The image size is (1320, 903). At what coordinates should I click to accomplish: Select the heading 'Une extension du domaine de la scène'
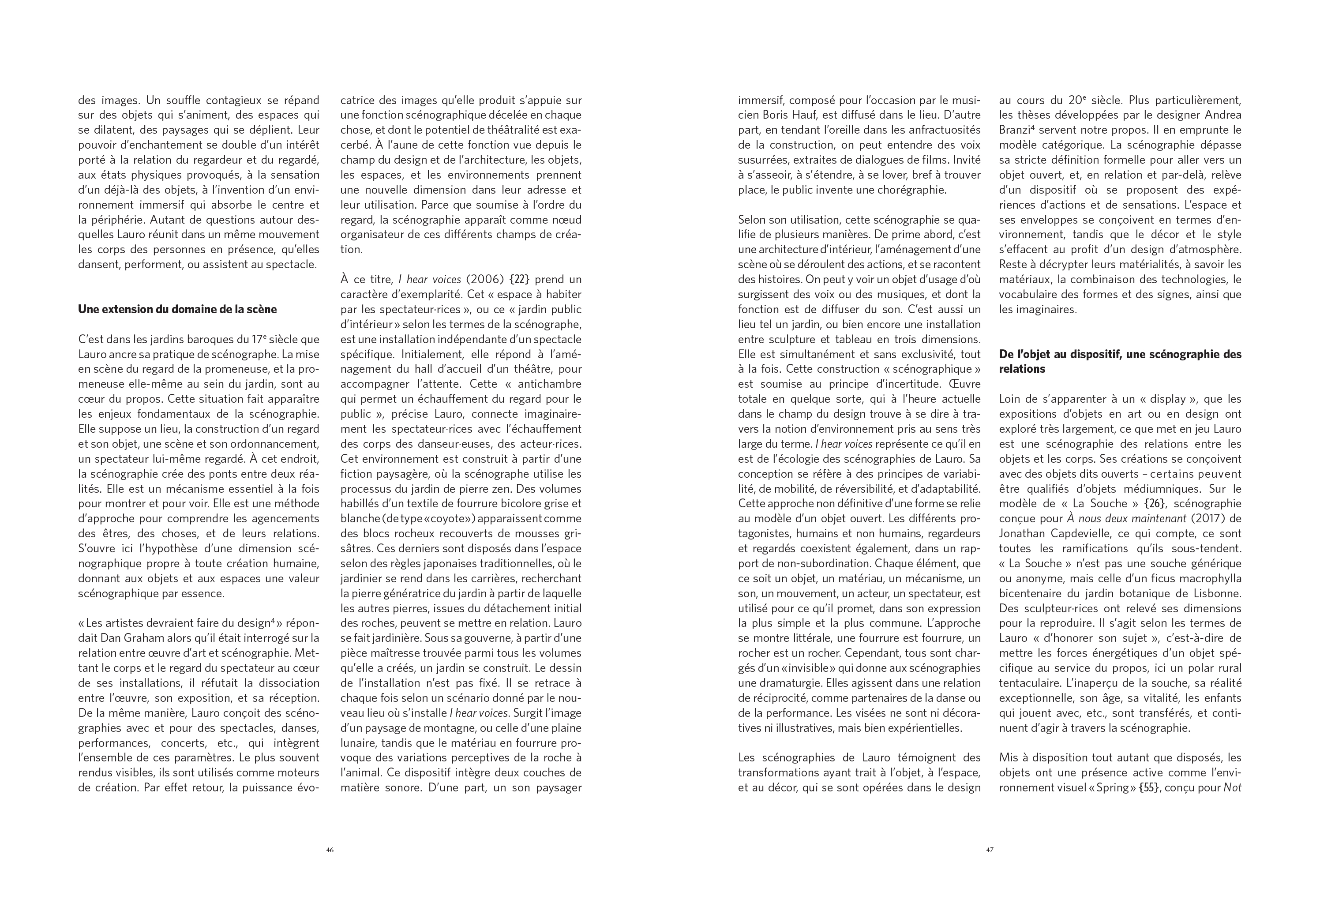(177, 310)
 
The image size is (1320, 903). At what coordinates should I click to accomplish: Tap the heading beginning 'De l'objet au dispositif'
(1120, 361)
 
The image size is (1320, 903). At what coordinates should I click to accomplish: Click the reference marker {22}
(519, 279)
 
